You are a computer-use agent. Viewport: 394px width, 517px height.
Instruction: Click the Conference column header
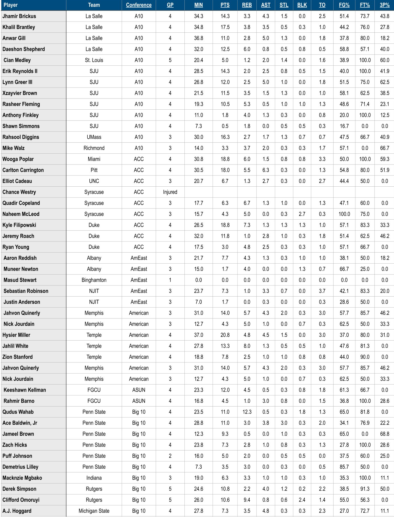click(x=139, y=5)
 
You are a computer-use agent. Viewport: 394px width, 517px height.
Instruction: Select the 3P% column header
click(x=384, y=5)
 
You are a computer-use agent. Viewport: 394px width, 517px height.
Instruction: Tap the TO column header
click(x=322, y=5)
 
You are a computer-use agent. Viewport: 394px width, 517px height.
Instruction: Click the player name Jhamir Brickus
click(x=19, y=16)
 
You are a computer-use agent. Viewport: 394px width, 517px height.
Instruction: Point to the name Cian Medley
click(x=17, y=60)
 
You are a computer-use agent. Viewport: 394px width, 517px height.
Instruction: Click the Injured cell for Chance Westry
click(x=170, y=192)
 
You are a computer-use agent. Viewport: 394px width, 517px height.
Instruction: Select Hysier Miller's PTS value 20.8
click(x=225, y=335)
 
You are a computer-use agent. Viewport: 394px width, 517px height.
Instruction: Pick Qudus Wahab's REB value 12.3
click(x=247, y=412)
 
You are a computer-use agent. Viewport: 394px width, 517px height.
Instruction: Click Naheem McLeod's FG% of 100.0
click(x=344, y=214)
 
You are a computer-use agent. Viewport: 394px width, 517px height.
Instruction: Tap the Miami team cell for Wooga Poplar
click(x=94, y=159)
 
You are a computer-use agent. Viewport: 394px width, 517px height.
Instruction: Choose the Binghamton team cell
click(x=94, y=280)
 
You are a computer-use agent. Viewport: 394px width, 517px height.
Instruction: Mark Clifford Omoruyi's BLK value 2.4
click(x=302, y=500)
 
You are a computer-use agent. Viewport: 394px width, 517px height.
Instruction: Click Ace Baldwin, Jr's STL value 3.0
click(x=284, y=423)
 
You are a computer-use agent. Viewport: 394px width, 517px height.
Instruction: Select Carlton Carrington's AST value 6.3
click(x=266, y=170)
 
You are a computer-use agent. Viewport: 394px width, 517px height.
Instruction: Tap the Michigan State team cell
click(x=94, y=511)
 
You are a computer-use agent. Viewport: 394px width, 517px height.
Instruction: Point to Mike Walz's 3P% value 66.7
click(x=384, y=148)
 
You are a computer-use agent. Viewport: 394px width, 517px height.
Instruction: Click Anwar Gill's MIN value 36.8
click(x=199, y=38)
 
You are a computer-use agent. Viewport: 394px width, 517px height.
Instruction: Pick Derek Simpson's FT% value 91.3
click(x=365, y=489)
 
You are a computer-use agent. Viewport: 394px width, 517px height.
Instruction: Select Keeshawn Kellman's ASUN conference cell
click(x=139, y=390)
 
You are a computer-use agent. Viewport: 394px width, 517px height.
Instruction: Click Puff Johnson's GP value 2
click(x=170, y=456)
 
